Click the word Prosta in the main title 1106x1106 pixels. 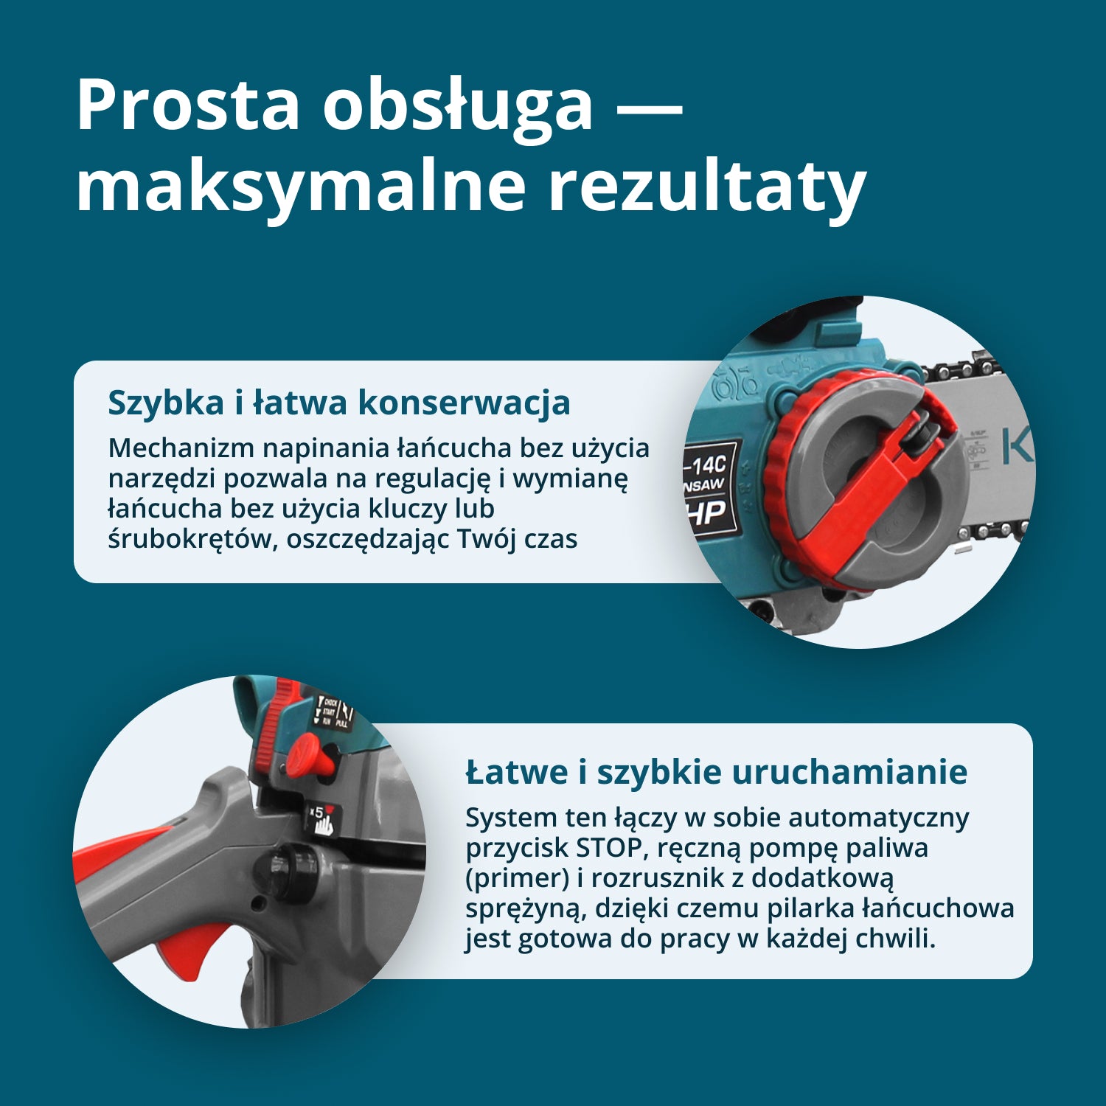188,105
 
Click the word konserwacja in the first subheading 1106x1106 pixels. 464,403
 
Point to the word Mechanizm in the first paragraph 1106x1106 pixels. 181,448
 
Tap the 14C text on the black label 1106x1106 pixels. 709,464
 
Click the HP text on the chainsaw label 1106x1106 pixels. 709,512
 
